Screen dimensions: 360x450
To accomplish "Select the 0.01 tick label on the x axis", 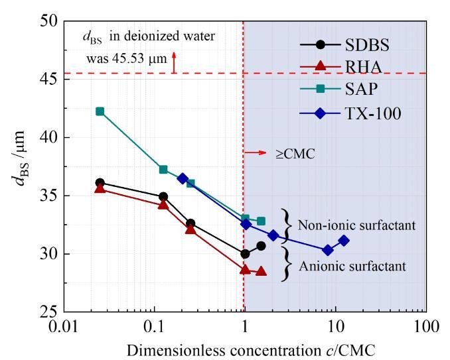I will pyautogui.click(x=64, y=327).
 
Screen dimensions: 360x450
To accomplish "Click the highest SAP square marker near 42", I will pyautogui.click(x=100, y=111).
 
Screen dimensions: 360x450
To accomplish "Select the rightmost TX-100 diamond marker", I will pyautogui.click(x=343, y=241).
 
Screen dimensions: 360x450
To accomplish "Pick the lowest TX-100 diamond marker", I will pyautogui.click(x=328, y=250).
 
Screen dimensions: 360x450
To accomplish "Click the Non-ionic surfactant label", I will pyautogui.click(x=356, y=225).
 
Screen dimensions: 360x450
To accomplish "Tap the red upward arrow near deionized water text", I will pyautogui.click(x=173, y=62).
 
